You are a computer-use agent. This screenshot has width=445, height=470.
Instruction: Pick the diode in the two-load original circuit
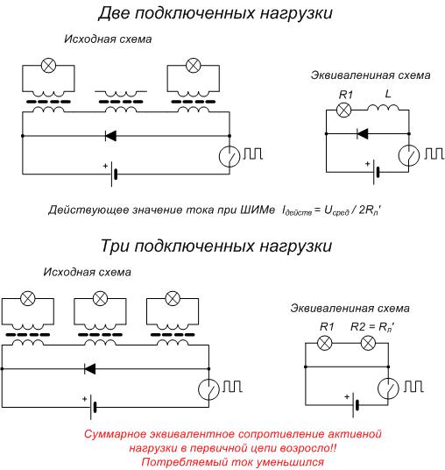point(111,136)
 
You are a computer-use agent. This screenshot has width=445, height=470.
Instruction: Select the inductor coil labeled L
point(383,110)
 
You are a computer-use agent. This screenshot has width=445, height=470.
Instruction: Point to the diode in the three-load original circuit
point(88,368)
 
